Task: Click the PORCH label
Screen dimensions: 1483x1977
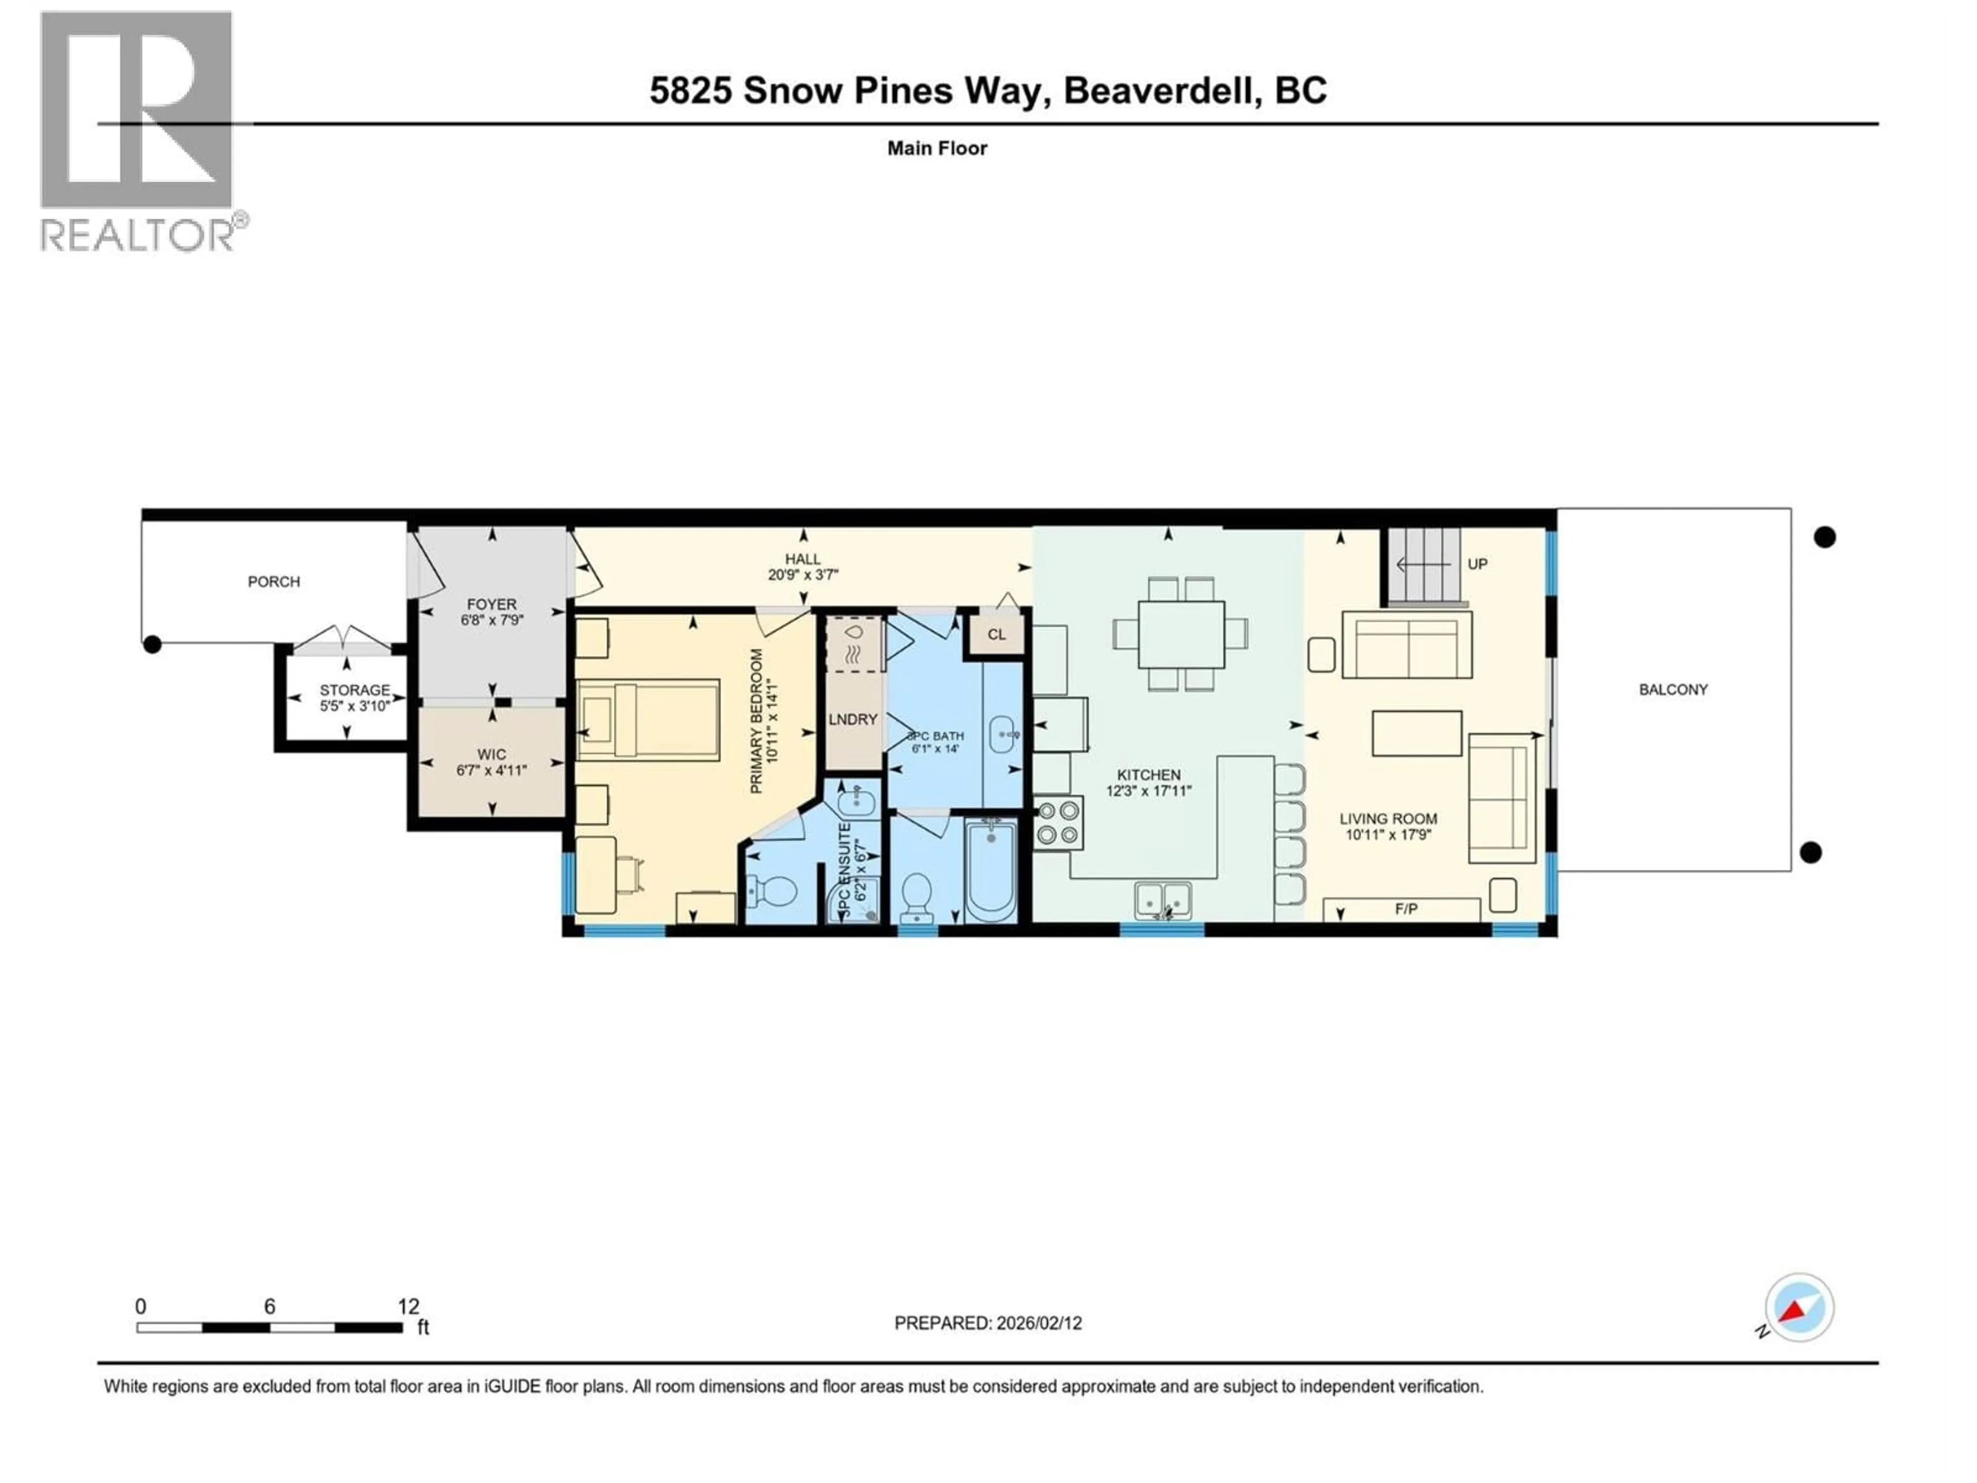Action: point(273,582)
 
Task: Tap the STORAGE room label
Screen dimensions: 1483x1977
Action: point(355,690)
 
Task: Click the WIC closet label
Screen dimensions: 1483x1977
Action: point(492,754)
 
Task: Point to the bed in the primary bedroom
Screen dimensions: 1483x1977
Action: point(648,719)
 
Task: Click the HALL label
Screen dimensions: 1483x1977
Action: point(803,559)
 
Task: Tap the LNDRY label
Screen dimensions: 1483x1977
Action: point(853,719)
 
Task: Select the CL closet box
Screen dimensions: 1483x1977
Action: point(997,635)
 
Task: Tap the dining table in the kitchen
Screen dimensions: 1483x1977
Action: point(1181,634)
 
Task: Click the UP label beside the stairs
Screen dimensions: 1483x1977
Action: point(1478,564)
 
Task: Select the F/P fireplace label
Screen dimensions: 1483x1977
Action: point(1406,909)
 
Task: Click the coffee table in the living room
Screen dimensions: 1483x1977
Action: point(1417,733)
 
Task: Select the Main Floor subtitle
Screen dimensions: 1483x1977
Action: point(937,148)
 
